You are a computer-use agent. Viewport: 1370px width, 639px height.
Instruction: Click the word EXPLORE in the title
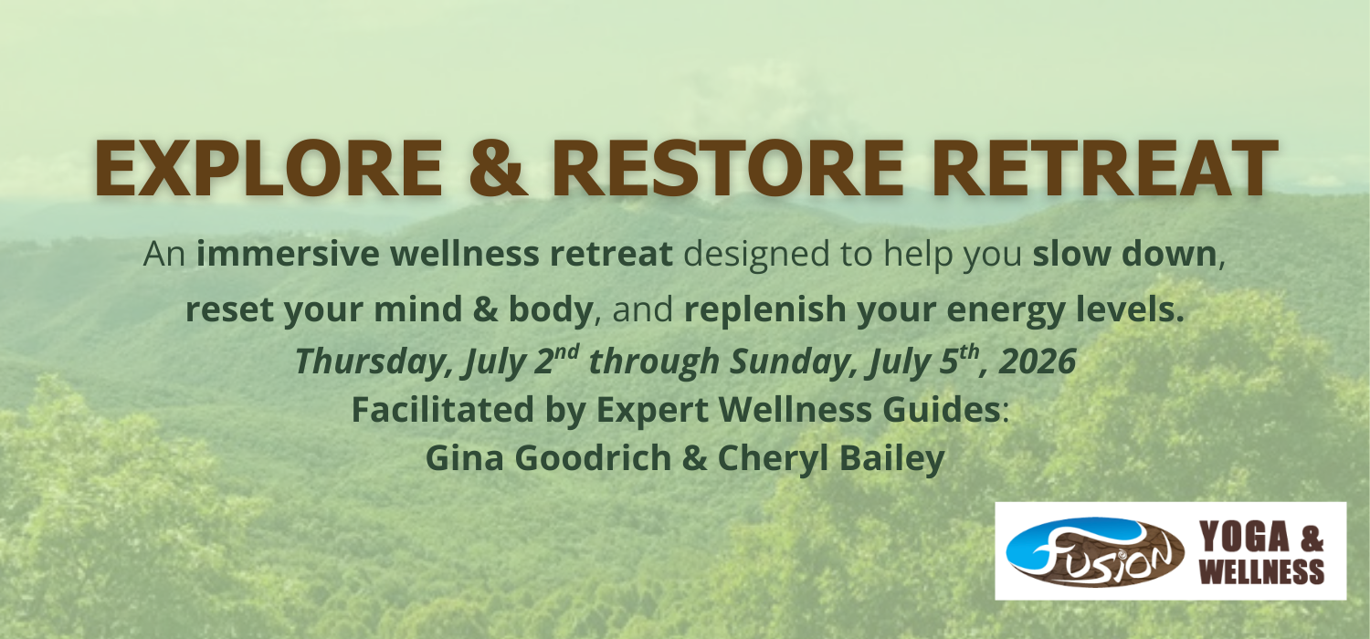pyautogui.click(x=269, y=167)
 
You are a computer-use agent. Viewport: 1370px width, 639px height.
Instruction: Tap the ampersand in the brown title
pyautogui.click(x=497, y=167)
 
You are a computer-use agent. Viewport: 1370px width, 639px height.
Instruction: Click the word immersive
pyautogui.click(x=288, y=254)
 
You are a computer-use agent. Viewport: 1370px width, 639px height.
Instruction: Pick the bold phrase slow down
pyautogui.click(x=1124, y=254)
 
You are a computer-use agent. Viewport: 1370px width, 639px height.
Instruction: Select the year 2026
pyautogui.click(x=1038, y=361)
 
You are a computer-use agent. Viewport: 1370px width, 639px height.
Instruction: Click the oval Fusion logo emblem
pyautogui.click(x=1095, y=552)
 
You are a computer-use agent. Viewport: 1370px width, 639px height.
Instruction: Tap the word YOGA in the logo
pyautogui.click(x=1244, y=537)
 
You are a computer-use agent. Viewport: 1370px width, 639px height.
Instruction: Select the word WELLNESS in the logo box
pyautogui.click(x=1261, y=571)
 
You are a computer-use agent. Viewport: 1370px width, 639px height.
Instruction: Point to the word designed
pyautogui.click(x=756, y=255)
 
